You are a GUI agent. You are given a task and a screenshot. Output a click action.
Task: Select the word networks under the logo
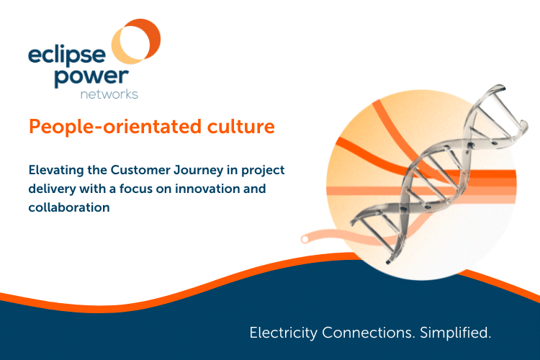pyautogui.click(x=109, y=94)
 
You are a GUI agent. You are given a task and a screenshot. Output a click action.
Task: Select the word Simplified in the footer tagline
pyautogui.click(x=453, y=333)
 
